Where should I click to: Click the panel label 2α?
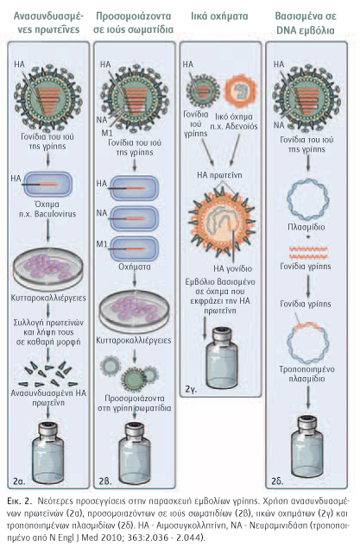click(19, 481)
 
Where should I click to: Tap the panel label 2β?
click(104, 481)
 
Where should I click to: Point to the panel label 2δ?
click(277, 481)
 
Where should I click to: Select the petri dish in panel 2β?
click(135, 310)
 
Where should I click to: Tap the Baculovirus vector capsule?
click(48, 184)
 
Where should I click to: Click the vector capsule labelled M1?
click(134, 249)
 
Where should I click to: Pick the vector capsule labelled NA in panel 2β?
click(134, 219)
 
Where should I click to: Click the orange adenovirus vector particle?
click(240, 91)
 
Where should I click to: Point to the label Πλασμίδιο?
click(306, 227)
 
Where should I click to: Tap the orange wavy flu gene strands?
click(308, 252)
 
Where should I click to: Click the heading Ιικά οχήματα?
click(219, 16)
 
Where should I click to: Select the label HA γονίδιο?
click(232, 269)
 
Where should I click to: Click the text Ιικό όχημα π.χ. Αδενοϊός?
click(237, 122)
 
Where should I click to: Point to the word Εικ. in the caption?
click(15, 501)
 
